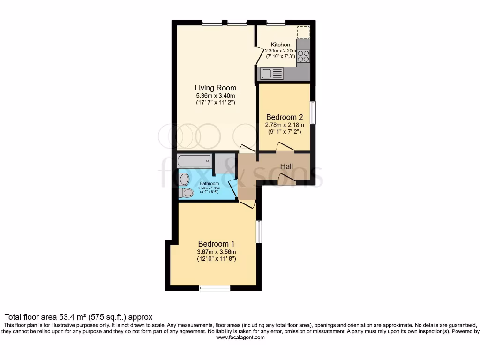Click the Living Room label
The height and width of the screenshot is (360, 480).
coord(216,88)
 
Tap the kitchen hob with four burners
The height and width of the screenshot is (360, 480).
coord(303,56)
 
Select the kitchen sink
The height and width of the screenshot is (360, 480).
coord(271,73)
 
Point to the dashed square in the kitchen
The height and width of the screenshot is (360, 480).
coord(303,32)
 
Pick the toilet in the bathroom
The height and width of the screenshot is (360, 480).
coord(186,193)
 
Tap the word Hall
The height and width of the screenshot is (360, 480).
coord(286,166)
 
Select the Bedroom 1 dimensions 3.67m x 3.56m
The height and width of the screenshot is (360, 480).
coord(216,252)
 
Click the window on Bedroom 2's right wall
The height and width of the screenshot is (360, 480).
coord(313,112)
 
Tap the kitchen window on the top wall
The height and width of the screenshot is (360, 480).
coord(276,22)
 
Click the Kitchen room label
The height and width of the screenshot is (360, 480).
coord(280,45)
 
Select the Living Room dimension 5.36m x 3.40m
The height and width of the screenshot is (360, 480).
coord(216,96)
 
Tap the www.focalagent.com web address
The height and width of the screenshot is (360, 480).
coord(240,337)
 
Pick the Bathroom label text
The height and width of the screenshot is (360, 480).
coord(209,183)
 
